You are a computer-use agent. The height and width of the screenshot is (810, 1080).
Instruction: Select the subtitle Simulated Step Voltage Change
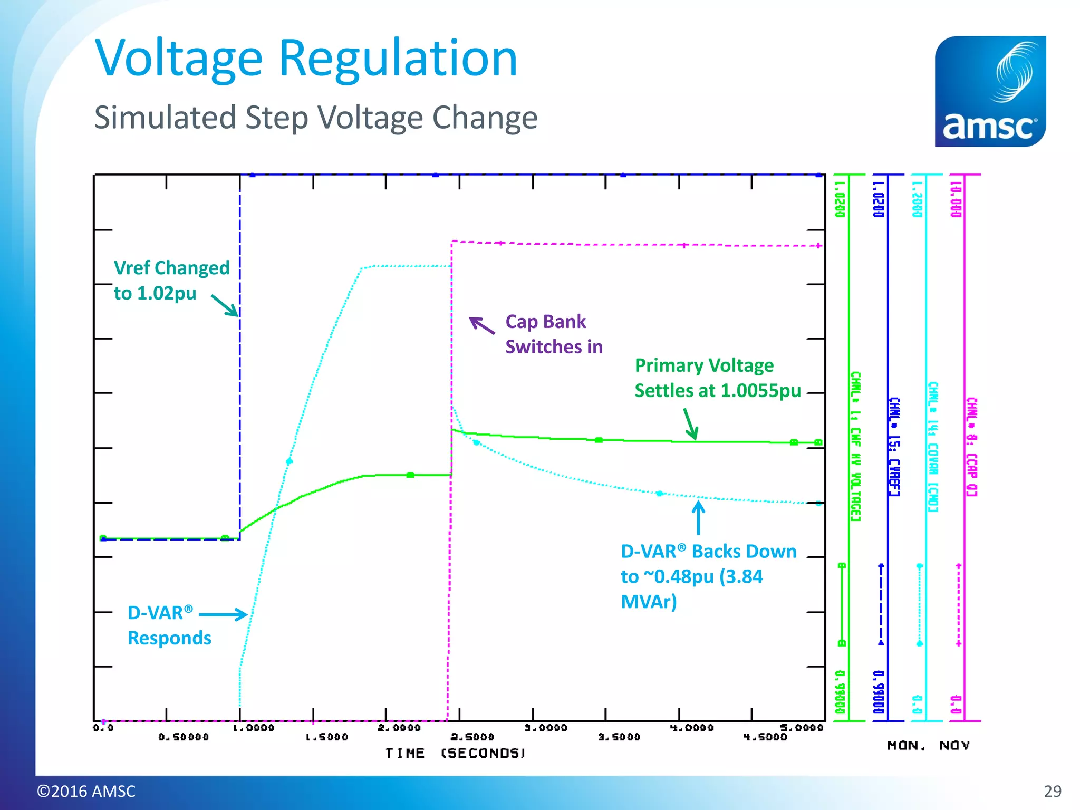tap(315, 117)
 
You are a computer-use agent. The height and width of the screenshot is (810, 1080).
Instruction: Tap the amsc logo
tap(990, 91)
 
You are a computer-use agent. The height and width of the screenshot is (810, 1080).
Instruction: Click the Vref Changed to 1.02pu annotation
tap(171, 280)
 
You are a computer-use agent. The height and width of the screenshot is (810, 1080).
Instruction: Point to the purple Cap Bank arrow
tap(482, 325)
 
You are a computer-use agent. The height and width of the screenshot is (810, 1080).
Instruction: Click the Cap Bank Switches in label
tap(553, 334)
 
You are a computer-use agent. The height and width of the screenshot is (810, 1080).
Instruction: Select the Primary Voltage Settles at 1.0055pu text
tap(717, 378)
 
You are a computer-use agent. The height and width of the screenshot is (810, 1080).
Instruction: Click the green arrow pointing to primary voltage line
tap(691, 424)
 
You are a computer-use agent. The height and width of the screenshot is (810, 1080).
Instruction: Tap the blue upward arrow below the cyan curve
tap(698, 517)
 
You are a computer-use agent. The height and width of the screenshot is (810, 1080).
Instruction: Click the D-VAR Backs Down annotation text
tap(708, 576)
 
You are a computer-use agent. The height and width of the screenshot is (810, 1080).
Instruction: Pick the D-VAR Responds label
tap(169, 625)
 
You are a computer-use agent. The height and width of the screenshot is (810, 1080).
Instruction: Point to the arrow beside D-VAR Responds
tap(223, 614)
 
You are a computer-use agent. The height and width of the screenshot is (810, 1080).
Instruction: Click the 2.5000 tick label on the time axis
tap(472, 737)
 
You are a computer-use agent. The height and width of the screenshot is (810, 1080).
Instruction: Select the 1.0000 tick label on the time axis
tap(254, 728)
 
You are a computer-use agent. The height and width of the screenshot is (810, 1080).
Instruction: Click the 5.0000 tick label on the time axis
tap(801, 728)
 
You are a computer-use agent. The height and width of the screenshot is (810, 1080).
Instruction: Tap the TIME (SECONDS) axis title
tap(455, 753)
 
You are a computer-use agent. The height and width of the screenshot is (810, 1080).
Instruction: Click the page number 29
tap(1052, 791)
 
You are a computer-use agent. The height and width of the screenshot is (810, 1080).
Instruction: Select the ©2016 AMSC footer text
tap(86, 791)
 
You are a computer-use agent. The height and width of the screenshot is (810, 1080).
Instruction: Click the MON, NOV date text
tap(928, 745)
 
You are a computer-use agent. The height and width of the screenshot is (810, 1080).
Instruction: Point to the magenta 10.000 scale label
tap(956, 199)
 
